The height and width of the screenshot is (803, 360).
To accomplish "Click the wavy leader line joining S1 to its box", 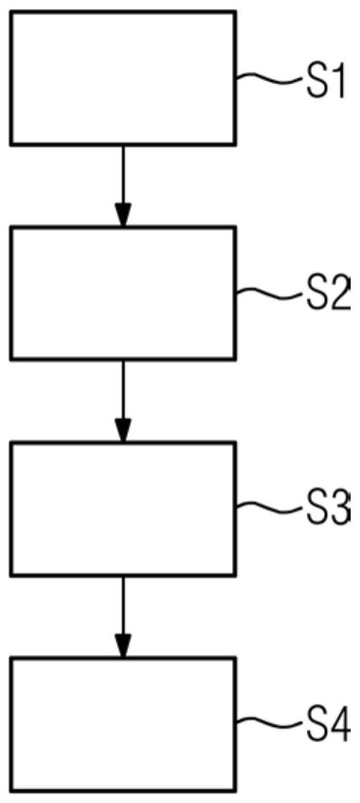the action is coord(272,78).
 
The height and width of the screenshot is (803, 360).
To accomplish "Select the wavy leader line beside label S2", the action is coord(272,293).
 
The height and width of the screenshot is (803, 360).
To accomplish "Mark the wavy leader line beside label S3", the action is coord(272,508).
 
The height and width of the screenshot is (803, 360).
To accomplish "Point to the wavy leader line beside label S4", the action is coord(272,723).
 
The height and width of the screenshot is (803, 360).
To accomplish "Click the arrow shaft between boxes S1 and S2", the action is coord(123,175).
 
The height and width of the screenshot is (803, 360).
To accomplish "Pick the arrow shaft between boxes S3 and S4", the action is coord(123,605).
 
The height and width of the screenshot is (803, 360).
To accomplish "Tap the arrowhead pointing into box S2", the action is coord(123,214).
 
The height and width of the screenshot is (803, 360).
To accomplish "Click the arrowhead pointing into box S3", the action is coord(123,430).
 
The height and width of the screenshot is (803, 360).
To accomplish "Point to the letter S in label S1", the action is coord(317,81).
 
